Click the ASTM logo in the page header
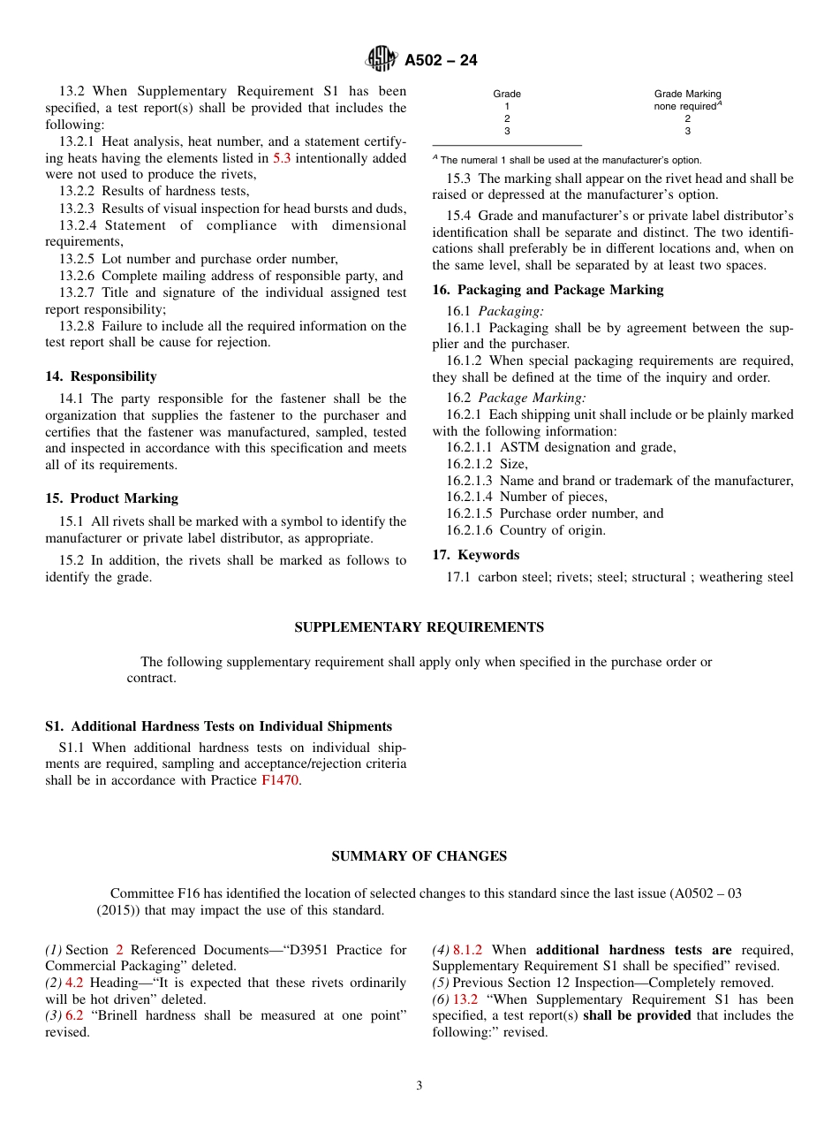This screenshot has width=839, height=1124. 382,59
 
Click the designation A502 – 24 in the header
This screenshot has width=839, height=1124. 441,60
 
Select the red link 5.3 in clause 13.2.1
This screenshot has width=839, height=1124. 281,158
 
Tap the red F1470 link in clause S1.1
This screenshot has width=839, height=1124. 280,780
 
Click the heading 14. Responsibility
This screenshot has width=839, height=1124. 101,376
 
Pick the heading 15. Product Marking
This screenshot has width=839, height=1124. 111,498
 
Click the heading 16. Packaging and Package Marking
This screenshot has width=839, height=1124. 548,290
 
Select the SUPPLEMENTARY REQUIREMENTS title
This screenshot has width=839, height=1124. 419,627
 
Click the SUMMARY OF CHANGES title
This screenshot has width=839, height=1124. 419,856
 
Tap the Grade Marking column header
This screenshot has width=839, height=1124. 687,94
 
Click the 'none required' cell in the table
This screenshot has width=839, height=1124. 685,106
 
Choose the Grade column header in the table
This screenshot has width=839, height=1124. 507,94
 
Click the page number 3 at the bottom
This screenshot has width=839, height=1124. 419,1086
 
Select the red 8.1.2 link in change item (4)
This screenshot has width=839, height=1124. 467,950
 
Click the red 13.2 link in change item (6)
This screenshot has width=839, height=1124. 465,999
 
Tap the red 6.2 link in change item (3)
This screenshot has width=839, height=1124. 74,1015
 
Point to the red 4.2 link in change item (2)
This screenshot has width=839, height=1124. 74,983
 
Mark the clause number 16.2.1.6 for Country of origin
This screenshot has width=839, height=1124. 471,530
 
